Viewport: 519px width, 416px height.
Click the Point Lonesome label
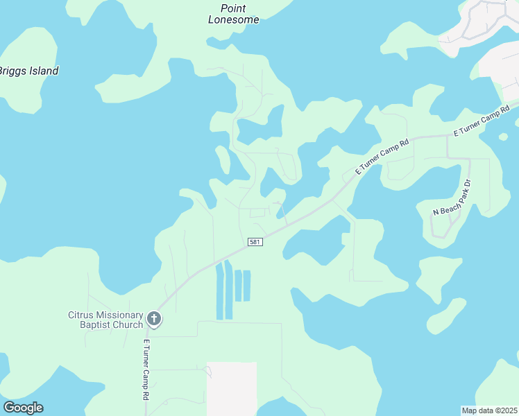click(x=234, y=14)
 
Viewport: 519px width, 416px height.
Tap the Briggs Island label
click(x=28, y=71)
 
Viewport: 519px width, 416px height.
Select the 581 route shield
click(x=255, y=241)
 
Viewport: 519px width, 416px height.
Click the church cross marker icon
click(x=154, y=320)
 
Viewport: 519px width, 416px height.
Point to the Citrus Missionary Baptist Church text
click(x=105, y=320)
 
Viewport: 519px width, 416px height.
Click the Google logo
click(x=23, y=408)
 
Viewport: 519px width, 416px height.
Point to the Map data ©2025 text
click(x=489, y=410)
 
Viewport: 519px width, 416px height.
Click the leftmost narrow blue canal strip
click(x=220, y=291)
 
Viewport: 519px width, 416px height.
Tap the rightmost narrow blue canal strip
click(x=246, y=286)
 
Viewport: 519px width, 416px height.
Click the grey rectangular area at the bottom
click(x=232, y=388)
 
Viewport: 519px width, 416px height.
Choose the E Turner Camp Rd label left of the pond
click(x=383, y=156)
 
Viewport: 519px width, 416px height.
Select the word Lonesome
click(x=234, y=20)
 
